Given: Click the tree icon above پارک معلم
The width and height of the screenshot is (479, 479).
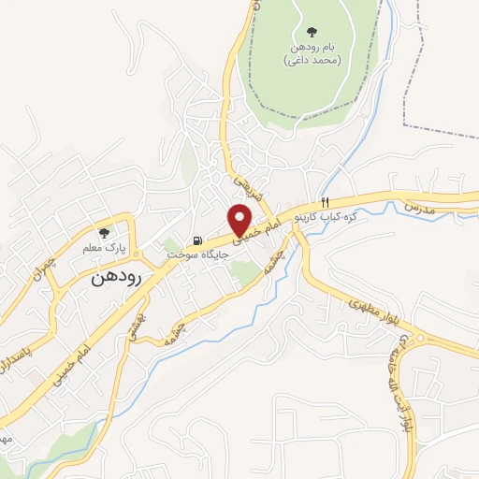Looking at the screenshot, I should click(x=105, y=232).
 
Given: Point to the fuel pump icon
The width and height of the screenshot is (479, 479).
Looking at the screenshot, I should click(x=196, y=239).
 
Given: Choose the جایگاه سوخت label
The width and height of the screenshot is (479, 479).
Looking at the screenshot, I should click(x=192, y=254).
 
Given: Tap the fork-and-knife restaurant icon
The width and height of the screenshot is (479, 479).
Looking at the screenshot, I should click(x=325, y=203).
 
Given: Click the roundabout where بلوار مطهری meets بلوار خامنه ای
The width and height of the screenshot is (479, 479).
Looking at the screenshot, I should click(x=420, y=339).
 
